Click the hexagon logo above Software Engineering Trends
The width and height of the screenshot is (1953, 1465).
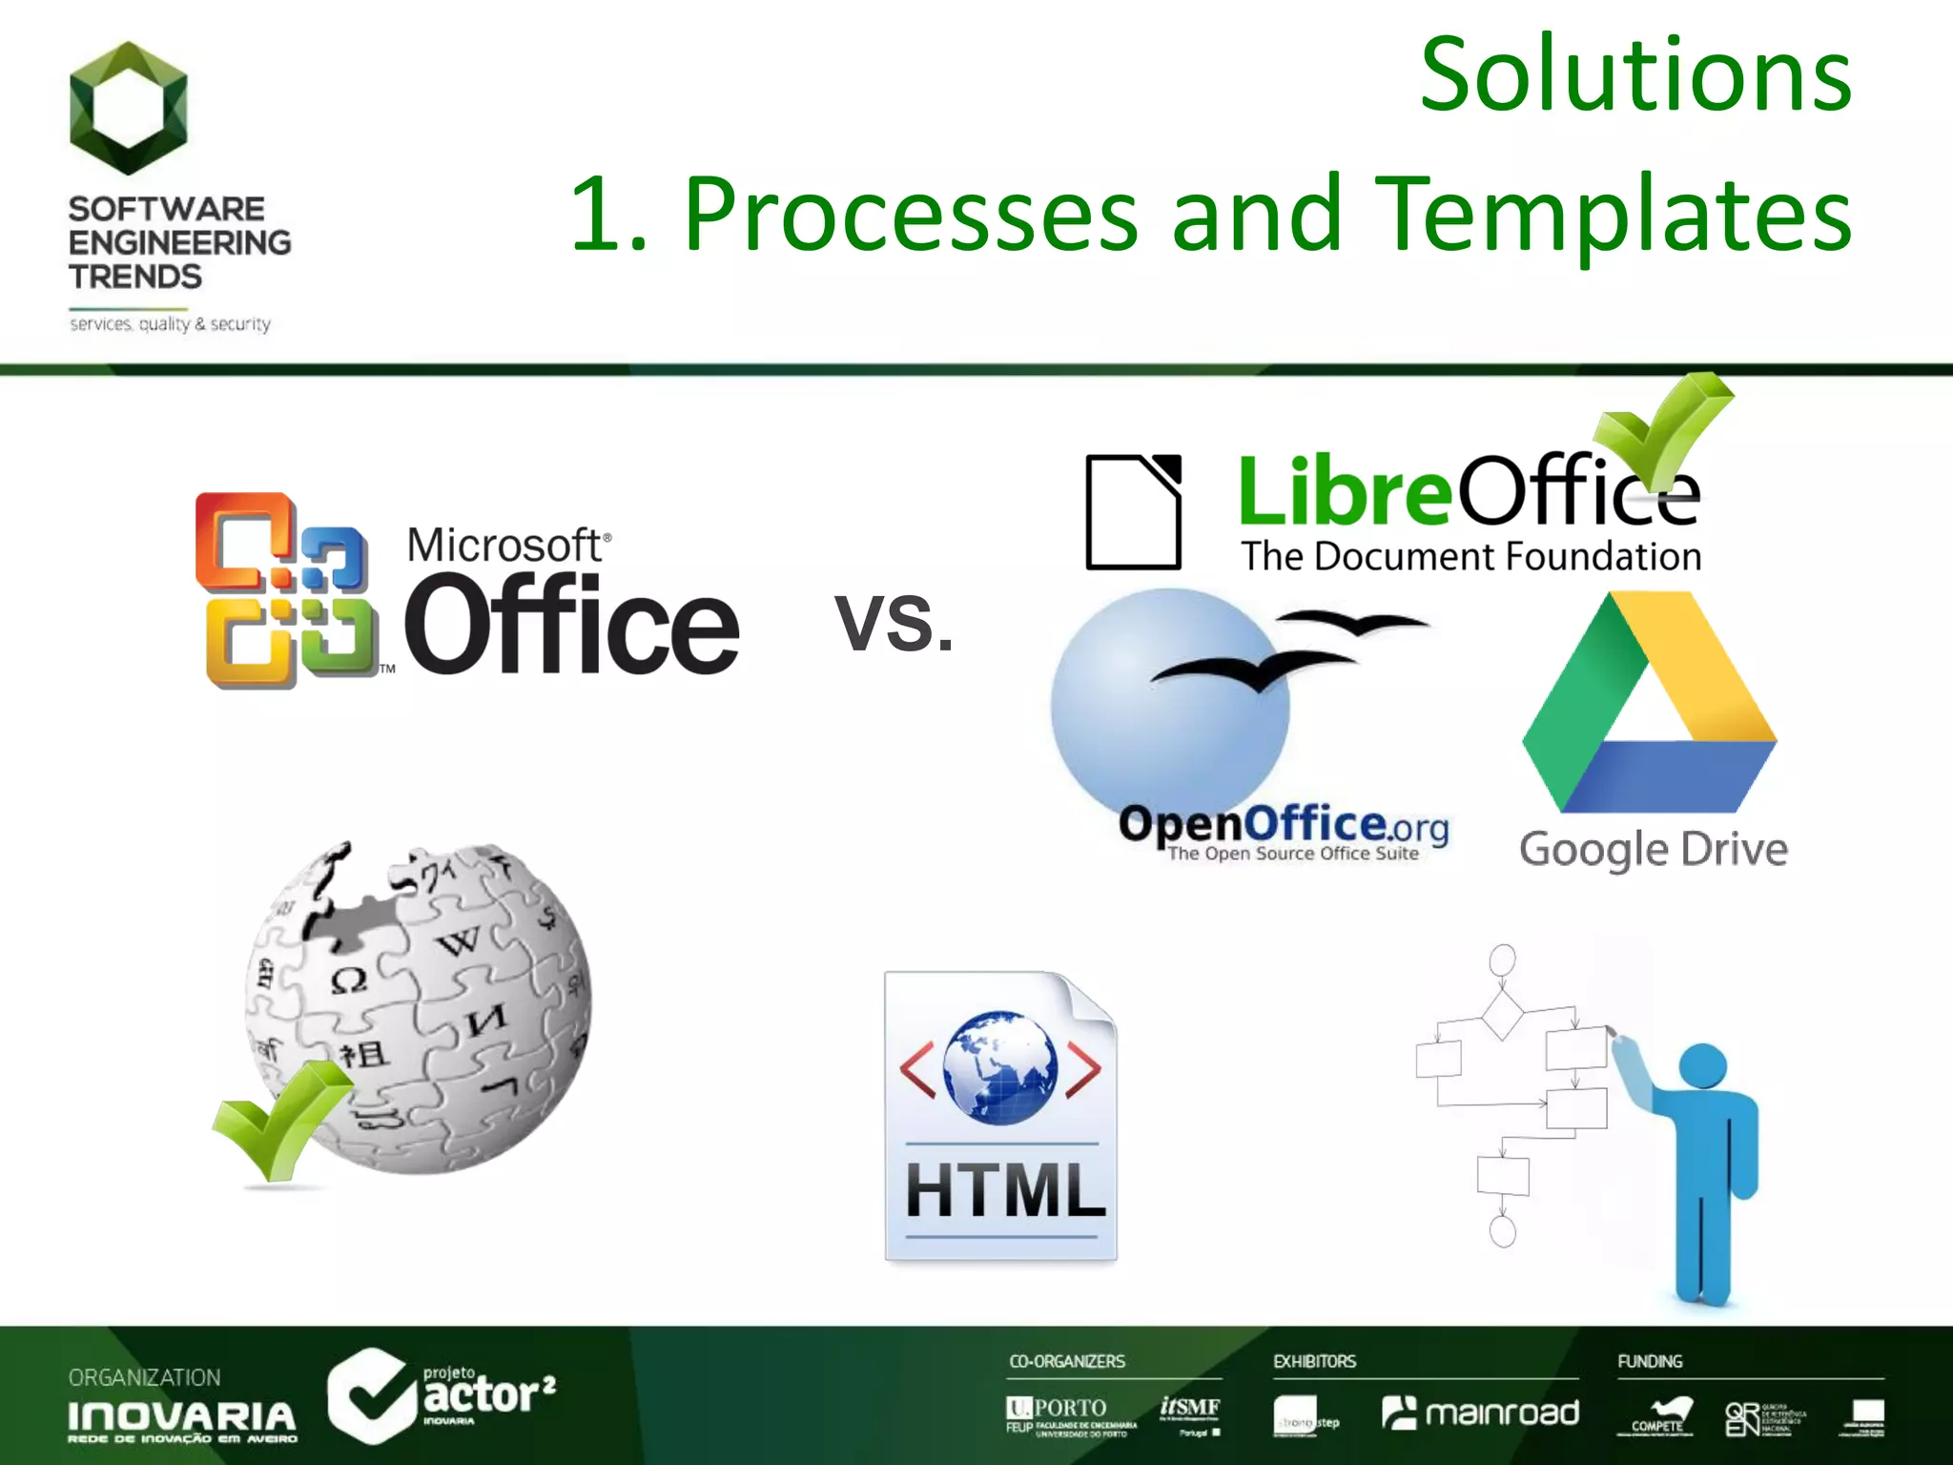[x=129, y=108]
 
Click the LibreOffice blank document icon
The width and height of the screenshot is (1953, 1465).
[x=1133, y=512]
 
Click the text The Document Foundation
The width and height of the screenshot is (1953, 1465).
[x=1470, y=556]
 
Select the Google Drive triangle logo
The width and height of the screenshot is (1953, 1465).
[x=1650, y=706]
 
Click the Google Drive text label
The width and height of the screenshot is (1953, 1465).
[x=1653, y=849]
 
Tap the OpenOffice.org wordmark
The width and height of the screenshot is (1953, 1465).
[x=1283, y=825]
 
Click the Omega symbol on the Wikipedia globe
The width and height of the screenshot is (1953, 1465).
[x=348, y=980]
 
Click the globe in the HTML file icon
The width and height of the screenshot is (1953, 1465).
[x=999, y=1066]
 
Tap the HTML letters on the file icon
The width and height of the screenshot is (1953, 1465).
[x=1004, y=1189]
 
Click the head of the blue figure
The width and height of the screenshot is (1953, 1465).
[x=1702, y=1065]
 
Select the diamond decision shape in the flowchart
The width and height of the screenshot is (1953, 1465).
[x=1502, y=1014]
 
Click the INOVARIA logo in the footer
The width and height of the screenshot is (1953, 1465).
[x=181, y=1418]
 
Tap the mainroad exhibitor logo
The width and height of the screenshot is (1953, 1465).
[x=1480, y=1413]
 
